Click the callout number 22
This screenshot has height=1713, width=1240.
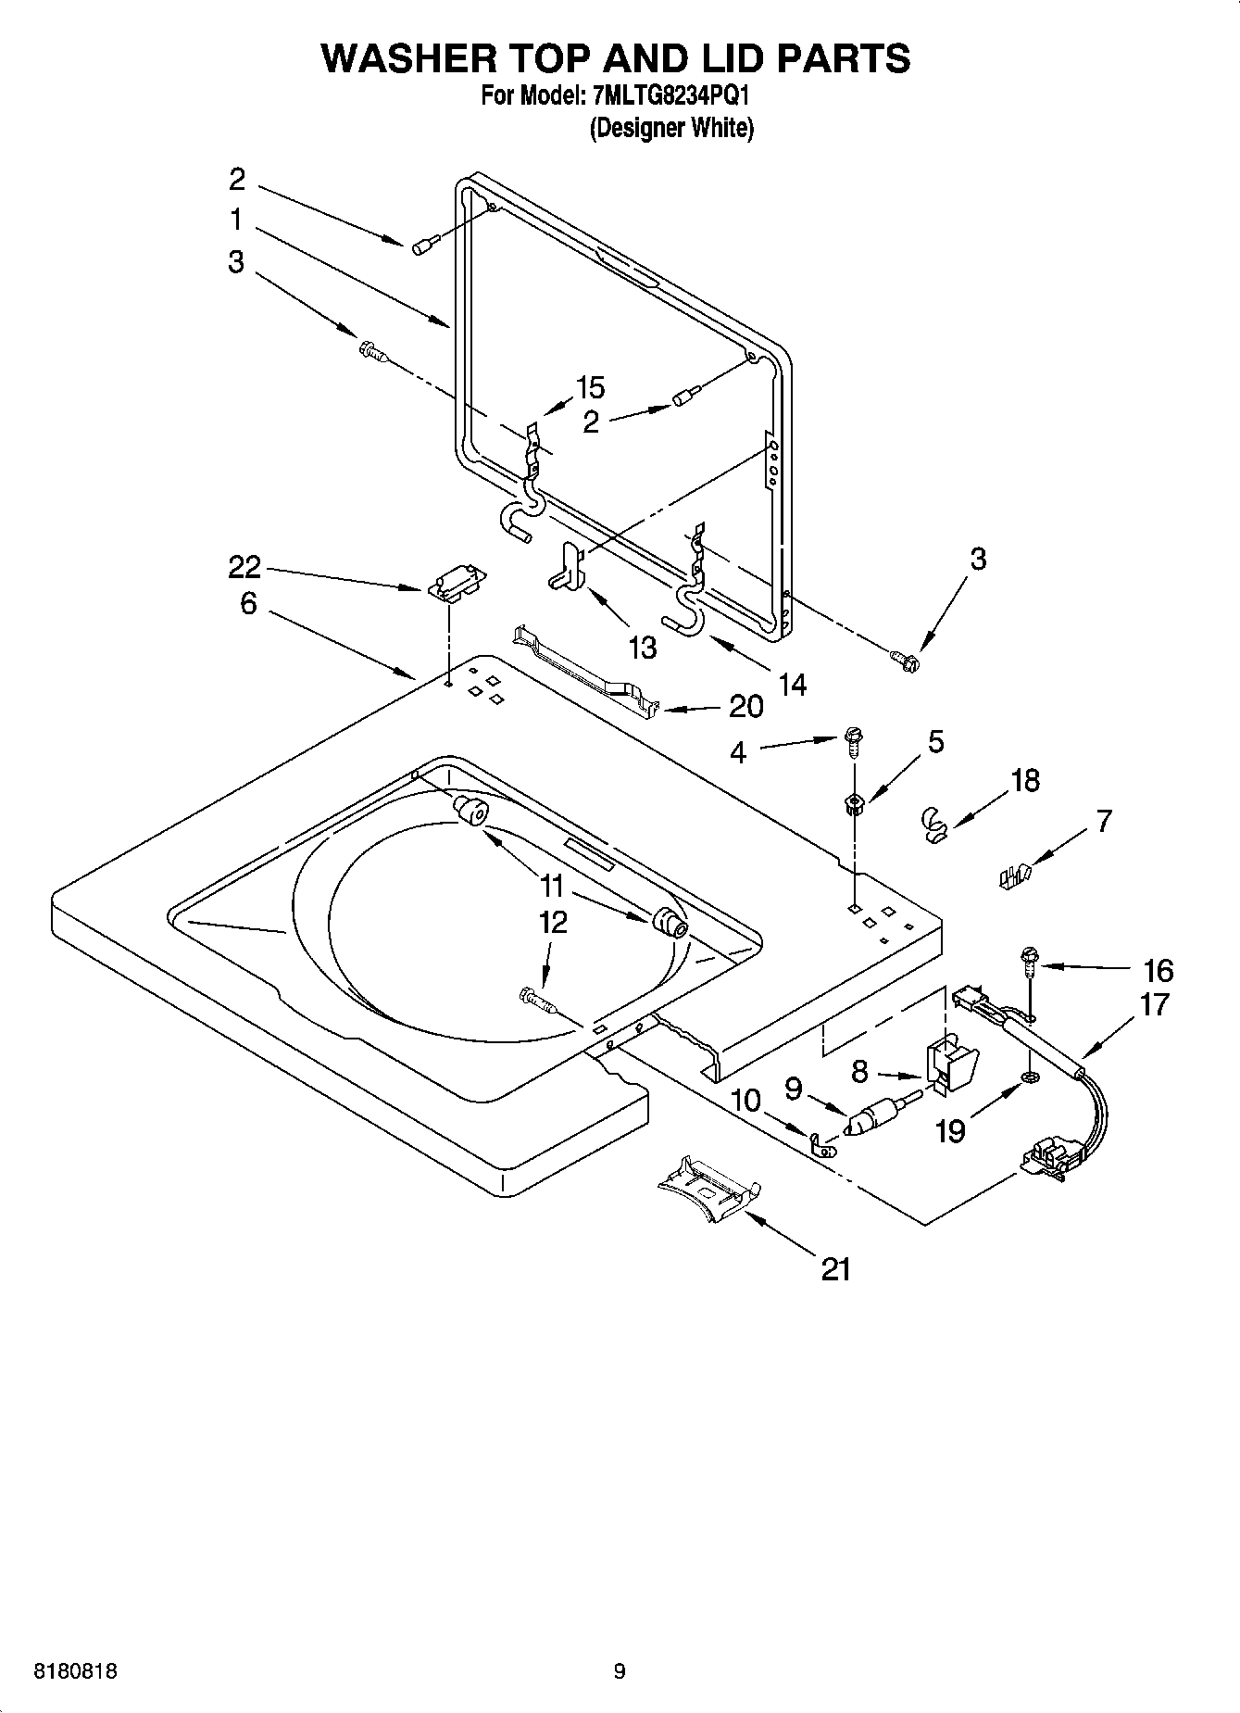(244, 567)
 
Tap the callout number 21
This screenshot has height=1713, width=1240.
(835, 1268)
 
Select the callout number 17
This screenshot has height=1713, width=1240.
(1154, 1004)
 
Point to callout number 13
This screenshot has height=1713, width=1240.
(642, 647)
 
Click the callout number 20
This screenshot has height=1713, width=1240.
(745, 707)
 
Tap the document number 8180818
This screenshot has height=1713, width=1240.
(75, 1671)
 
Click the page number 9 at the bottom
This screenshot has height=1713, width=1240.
(619, 1671)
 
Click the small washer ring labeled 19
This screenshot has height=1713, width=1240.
(1029, 1077)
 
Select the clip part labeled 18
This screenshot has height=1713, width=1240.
(935, 823)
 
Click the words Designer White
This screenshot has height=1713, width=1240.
(671, 128)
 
